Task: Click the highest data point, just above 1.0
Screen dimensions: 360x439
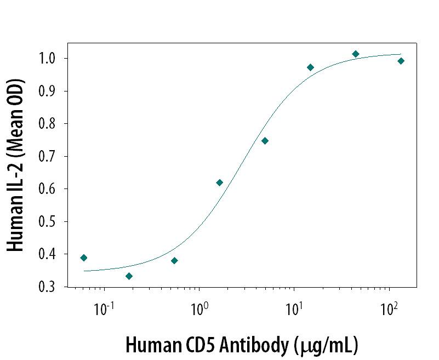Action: coord(356,54)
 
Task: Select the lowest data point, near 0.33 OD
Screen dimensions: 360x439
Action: coord(129,276)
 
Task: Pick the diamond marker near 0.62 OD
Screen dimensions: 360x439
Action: coord(220,182)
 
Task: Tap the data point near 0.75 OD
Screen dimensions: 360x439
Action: coord(265,141)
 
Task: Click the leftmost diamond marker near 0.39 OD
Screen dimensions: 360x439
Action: coord(84,258)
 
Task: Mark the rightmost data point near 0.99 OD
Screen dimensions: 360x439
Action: coord(401,61)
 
